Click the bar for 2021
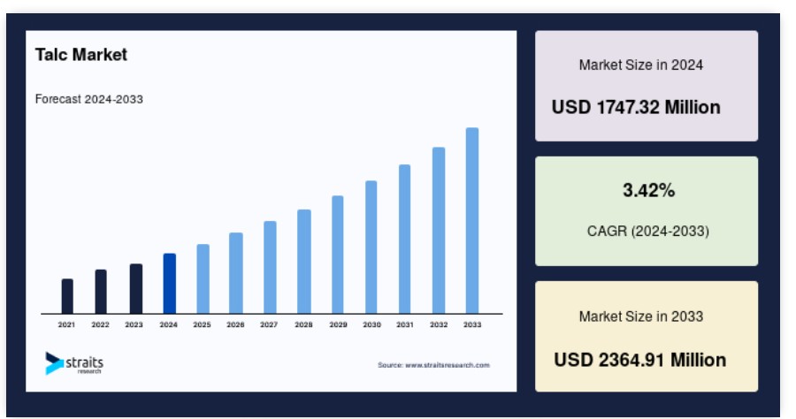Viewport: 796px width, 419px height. click(67, 296)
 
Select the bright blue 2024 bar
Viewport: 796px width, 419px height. click(170, 284)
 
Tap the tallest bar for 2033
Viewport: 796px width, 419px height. click(472, 221)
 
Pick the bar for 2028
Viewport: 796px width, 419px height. click(304, 262)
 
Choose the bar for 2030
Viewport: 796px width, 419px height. click(371, 247)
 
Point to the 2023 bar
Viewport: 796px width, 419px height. click(136, 289)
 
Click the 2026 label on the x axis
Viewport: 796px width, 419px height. click(235, 324)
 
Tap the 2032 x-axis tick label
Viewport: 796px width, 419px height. click(439, 324)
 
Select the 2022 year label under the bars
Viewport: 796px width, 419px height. click(101, 324)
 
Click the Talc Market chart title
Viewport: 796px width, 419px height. click(81, 55)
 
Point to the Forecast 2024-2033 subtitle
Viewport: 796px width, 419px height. click(88, 99)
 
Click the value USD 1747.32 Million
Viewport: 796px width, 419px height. click(636, 108)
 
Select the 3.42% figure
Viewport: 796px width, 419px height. click(649, 190)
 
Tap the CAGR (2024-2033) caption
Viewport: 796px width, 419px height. click(647, 232)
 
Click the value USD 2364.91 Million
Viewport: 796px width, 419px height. click(640, 360)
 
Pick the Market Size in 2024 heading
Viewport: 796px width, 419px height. click(641, 65)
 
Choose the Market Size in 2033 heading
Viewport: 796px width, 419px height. click(641, 316)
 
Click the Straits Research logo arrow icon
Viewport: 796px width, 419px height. click(54, 363)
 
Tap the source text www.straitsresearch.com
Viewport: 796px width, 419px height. click(448, 365)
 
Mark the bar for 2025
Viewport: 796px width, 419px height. click(203, 279)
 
